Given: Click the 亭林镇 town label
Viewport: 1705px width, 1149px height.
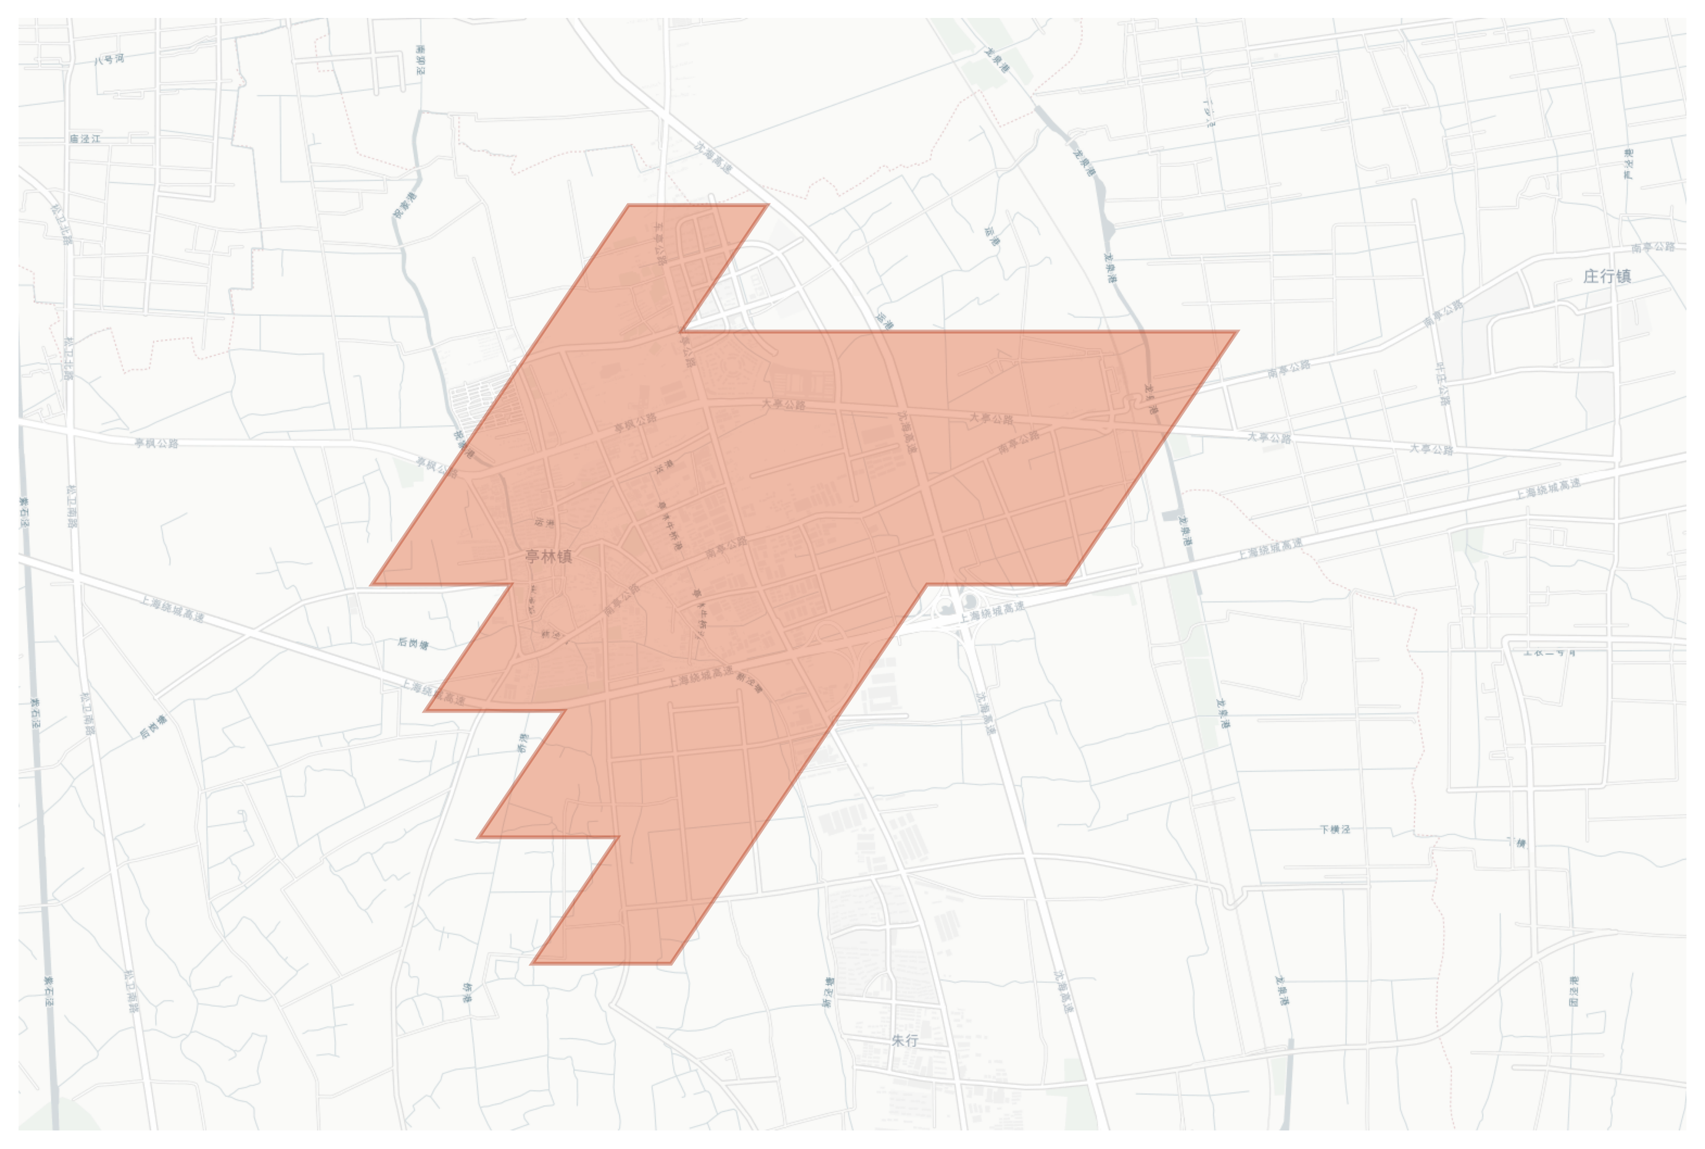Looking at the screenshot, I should coord(549,556).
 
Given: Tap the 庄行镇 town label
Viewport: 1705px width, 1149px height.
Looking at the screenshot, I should coord(1607,276).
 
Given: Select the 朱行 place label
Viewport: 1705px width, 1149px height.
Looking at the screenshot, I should coord(905,1041).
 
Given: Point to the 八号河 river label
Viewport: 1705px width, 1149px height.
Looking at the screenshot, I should coord(109,59).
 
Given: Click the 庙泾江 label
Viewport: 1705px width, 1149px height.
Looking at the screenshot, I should coord(85,138).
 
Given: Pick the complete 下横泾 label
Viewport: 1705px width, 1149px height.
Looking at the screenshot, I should coord(1334,829).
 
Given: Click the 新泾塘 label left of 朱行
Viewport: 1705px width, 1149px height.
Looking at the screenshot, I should coord(829,992).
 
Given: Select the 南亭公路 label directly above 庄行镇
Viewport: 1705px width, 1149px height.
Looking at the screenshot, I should coord(1653,248).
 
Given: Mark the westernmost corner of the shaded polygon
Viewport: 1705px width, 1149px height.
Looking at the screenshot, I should coord(372,584).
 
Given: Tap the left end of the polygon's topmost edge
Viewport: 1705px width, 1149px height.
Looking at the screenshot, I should coord(628,205).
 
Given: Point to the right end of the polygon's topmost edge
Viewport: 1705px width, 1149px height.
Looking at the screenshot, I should coord(767,205).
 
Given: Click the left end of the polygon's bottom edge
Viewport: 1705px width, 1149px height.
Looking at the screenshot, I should coord(532,963).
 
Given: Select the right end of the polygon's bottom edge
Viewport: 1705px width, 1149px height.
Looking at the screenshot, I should coord(671,963).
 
